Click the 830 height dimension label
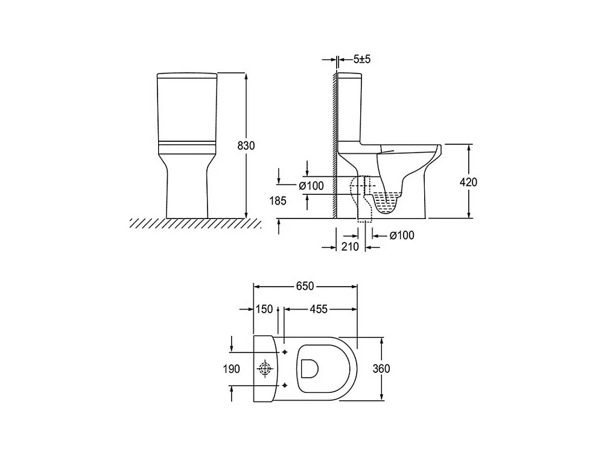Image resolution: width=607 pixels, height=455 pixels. click(x=246, y=145)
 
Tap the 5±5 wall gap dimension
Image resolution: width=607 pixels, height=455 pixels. click(x=362, y=59)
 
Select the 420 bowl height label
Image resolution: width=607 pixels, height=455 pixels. click(x=468, y=182)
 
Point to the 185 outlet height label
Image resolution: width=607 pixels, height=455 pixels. click(x=278, y=200)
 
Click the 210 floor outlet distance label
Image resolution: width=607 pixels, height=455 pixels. click(x=350, y=247)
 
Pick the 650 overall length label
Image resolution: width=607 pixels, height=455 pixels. click(x=305, y=286)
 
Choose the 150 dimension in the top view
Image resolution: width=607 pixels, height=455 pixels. click(x=264, y=309)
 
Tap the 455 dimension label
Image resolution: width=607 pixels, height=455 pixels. click(x=318, y=309)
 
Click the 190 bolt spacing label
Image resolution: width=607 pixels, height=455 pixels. click(x=232, y=369)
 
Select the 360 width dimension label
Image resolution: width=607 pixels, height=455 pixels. click(x=381, y=369)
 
